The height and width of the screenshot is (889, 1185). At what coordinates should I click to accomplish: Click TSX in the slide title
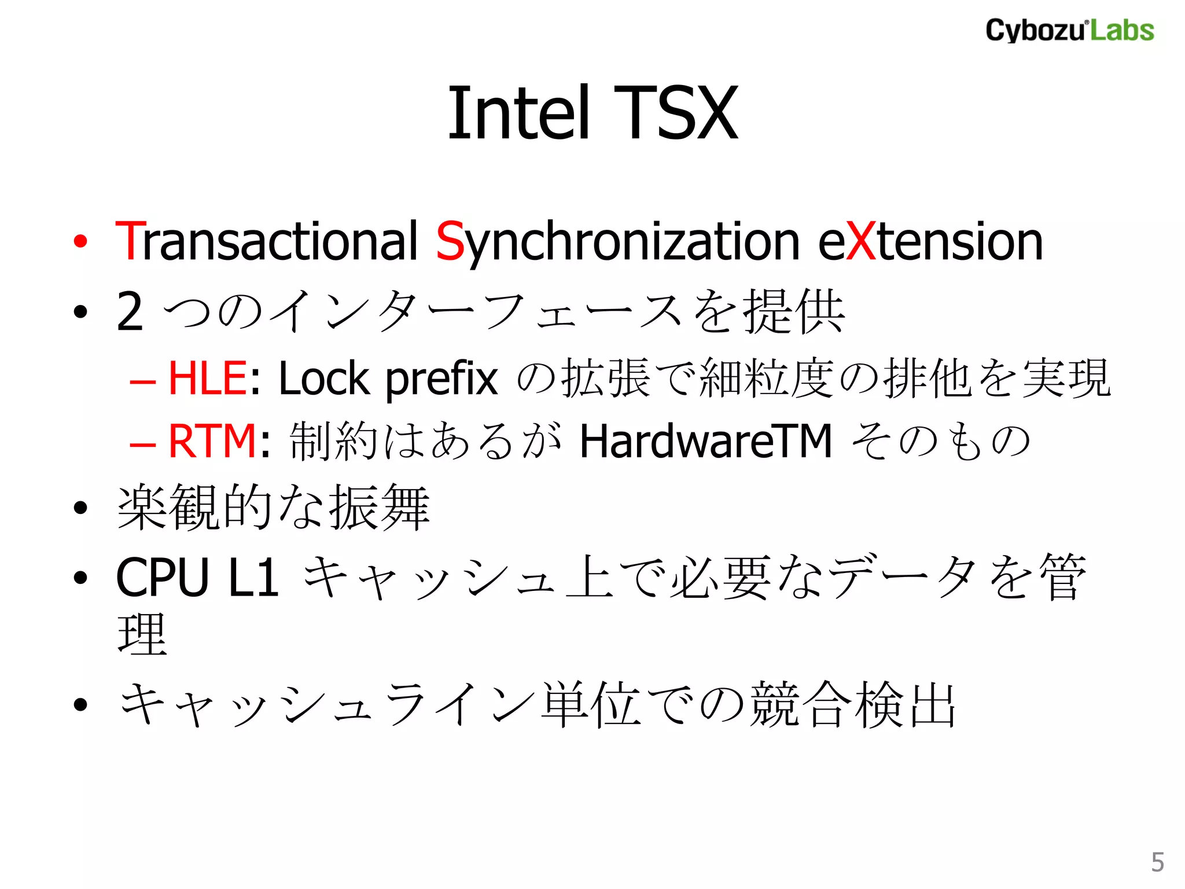676,112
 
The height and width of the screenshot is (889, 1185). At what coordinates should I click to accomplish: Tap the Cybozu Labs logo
1069,30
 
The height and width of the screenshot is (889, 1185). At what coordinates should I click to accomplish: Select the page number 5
1157,862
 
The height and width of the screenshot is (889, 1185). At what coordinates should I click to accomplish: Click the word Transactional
267,241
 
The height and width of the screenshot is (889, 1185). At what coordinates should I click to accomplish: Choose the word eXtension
930,241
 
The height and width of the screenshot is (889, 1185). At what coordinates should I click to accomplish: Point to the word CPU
163,578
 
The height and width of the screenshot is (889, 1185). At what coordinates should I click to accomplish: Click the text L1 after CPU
254,578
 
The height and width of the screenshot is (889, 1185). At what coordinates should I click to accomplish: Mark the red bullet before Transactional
80,241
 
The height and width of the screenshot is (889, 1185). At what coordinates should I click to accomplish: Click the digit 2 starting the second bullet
130,312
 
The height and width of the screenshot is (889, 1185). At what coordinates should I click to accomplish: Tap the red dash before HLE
142,383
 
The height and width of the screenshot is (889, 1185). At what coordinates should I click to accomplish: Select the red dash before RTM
142,445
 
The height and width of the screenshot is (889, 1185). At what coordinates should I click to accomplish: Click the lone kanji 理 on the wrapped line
142,635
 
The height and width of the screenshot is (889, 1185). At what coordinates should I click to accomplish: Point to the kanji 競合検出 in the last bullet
852,704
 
